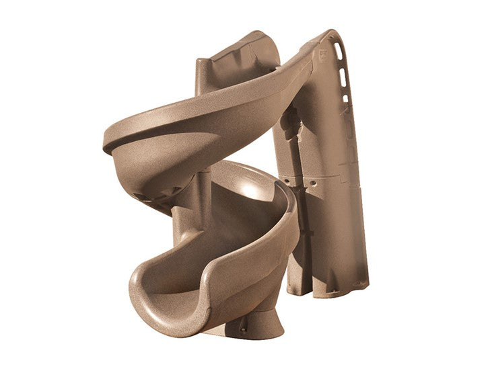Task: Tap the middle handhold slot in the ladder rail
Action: point(343,79)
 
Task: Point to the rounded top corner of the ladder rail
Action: point(331,34)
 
